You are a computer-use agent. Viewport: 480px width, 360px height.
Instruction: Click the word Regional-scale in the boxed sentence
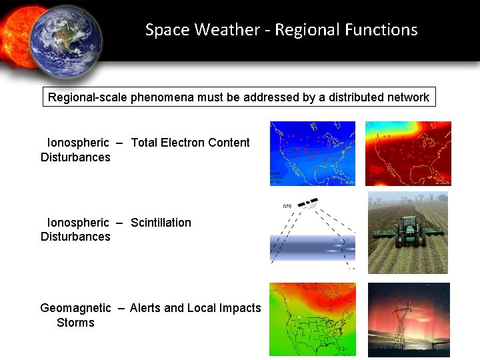[x=87, y=97]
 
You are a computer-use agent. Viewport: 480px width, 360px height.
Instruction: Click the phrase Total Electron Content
[x=190, y=143]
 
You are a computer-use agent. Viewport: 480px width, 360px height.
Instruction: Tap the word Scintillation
[x=161, y=223]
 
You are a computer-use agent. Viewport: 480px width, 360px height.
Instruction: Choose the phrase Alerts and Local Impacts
[x=195, y=308]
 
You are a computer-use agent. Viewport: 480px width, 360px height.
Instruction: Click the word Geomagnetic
[x=75, y=308]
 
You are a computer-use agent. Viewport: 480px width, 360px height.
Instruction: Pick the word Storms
[x=75, y=323]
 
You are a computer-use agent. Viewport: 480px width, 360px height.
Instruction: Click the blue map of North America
[x=312, y=153]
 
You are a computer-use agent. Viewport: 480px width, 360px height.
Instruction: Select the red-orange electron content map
[x=408, y=153]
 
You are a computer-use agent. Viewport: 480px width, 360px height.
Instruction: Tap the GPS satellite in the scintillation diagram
[x=307, y=203]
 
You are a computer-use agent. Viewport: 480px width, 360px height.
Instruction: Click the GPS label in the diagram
[x=287, y=207]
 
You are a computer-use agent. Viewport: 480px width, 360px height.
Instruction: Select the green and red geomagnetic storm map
[x=312, y=319]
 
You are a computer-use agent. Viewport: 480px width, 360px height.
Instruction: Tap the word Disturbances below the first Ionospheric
[x=75, y=157]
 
